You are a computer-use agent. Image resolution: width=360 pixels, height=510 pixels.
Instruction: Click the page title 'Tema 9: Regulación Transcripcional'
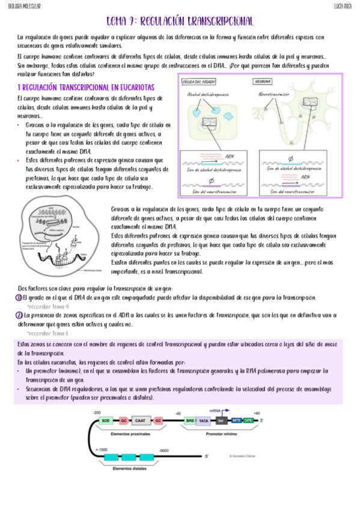[x=179, y=21]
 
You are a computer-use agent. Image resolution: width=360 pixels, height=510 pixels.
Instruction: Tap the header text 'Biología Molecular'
[x=23, y=5]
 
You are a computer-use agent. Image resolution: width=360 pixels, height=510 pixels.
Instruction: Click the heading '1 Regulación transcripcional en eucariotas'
[x=86, y=88]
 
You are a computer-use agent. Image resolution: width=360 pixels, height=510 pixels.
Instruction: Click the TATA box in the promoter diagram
[x=204, y=422]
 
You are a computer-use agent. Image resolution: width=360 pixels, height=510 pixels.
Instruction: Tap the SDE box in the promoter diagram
[x=106, y=422]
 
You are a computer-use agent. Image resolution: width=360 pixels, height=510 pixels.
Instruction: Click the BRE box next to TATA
[x=191, y=422]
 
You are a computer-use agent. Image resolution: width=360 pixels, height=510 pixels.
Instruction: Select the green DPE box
[x=248, y=422]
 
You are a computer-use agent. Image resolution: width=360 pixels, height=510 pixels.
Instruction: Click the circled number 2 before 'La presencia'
[x=19, y=315]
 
